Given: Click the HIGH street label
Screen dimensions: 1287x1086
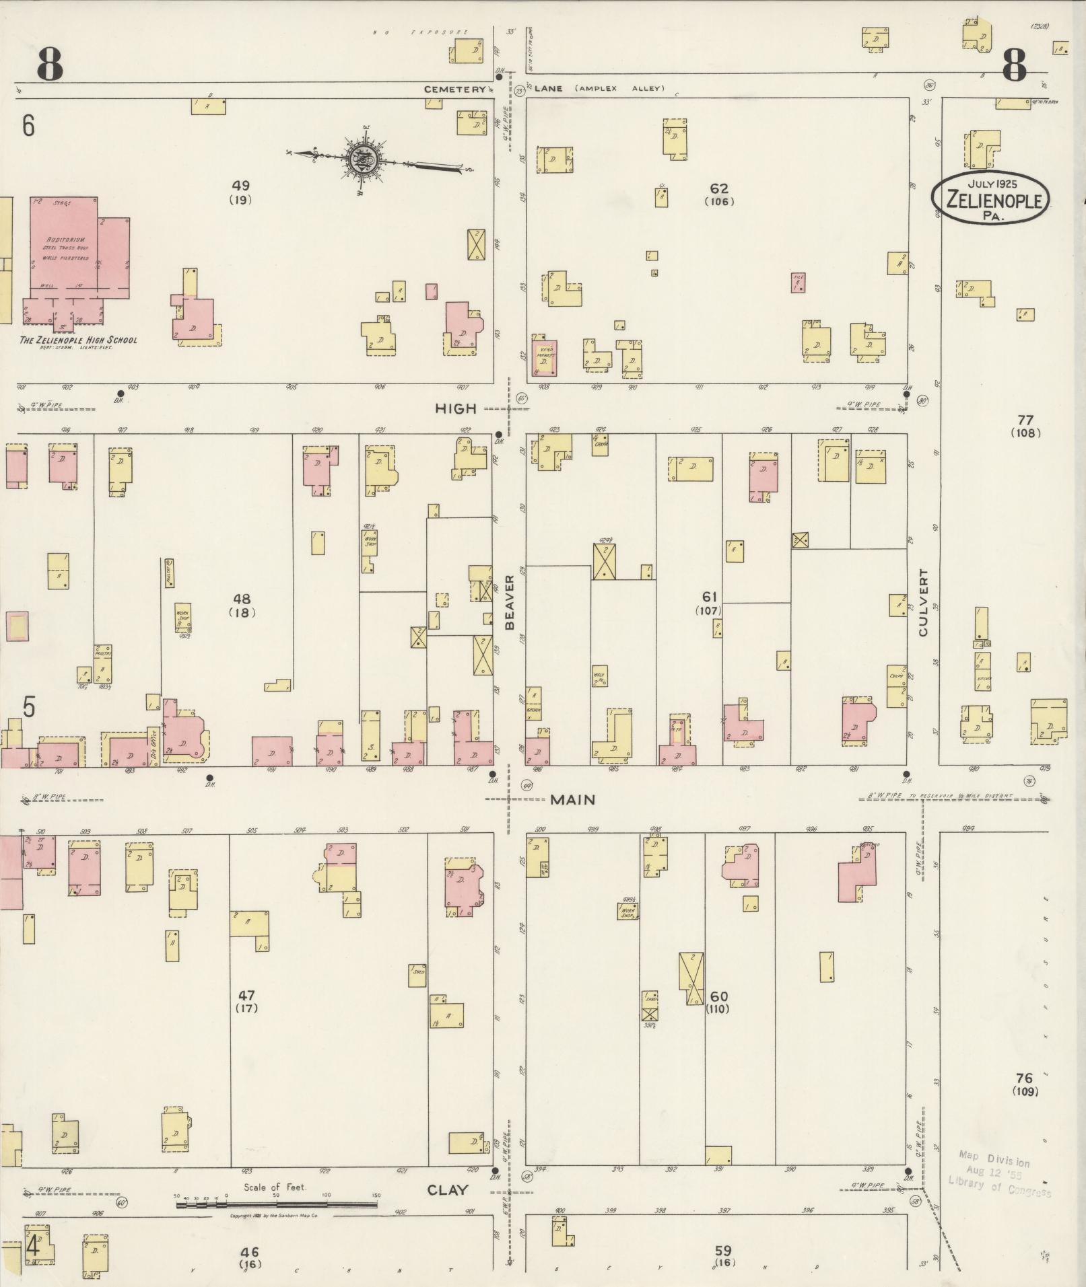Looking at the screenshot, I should (x=456, y=408).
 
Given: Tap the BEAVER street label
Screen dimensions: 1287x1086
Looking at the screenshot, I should (x=510, y=602).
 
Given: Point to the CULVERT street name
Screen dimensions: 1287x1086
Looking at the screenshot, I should (x=923, y=603).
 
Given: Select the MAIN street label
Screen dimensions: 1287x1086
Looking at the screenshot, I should (x=572, y=799).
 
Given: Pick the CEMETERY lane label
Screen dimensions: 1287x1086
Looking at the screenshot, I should (x=454, y=89).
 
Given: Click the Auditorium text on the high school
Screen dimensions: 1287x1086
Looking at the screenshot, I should (x=64, y=240).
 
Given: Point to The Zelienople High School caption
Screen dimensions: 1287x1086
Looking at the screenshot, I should (x=78, y=340).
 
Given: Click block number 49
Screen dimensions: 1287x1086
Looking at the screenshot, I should (x=240, y=185).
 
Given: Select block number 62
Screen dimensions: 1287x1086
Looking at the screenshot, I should (x=718, y=188).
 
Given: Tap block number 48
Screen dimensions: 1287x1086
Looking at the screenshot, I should (x=241, y=598).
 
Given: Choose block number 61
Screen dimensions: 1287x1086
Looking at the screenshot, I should (x=709, y=596).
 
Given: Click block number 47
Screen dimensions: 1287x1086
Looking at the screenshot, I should (x=246, y=994).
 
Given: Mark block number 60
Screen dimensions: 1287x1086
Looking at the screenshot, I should (x=718, y=996).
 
